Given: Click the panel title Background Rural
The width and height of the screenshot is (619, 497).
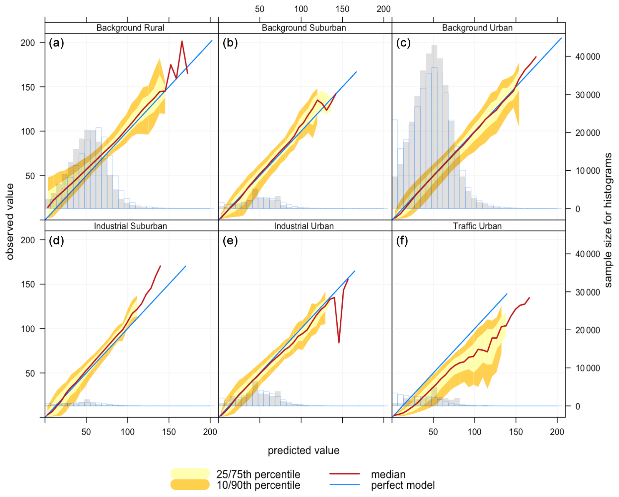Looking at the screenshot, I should [130, 28].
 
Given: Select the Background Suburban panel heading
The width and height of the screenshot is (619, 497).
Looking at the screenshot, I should [304, 28].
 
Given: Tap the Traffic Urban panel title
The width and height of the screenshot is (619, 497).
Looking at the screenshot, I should [477, 226].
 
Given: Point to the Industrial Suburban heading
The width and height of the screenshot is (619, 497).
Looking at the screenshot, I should [130, 226].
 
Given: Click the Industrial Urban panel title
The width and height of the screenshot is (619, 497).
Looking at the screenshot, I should [304, 226].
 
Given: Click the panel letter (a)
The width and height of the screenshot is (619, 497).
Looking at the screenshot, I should [56, 43].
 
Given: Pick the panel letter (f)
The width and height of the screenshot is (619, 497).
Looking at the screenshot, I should [402, 241].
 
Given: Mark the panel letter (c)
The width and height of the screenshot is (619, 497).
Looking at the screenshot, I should [403, 43].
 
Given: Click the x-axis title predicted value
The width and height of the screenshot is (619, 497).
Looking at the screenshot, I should [304, 451].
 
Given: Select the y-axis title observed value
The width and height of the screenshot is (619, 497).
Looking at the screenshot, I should [10, 221].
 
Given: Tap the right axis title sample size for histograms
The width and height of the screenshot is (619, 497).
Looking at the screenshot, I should [608, 220].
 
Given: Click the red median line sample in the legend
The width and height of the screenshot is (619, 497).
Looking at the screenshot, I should [345, 474].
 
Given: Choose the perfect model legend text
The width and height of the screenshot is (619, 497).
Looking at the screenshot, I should [403, 485].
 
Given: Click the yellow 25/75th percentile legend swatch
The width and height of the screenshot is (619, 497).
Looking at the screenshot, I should [190, 474].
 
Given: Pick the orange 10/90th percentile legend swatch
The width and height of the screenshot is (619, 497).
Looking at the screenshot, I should [190, 485].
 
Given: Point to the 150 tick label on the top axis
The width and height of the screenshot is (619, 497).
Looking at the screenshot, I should [342, 9].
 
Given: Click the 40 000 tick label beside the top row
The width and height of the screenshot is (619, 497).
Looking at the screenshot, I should [587, 57].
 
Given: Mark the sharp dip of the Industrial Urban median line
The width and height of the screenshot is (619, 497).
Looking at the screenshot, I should [339, 343].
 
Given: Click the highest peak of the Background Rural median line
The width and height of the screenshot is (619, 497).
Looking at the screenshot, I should [182, 41].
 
